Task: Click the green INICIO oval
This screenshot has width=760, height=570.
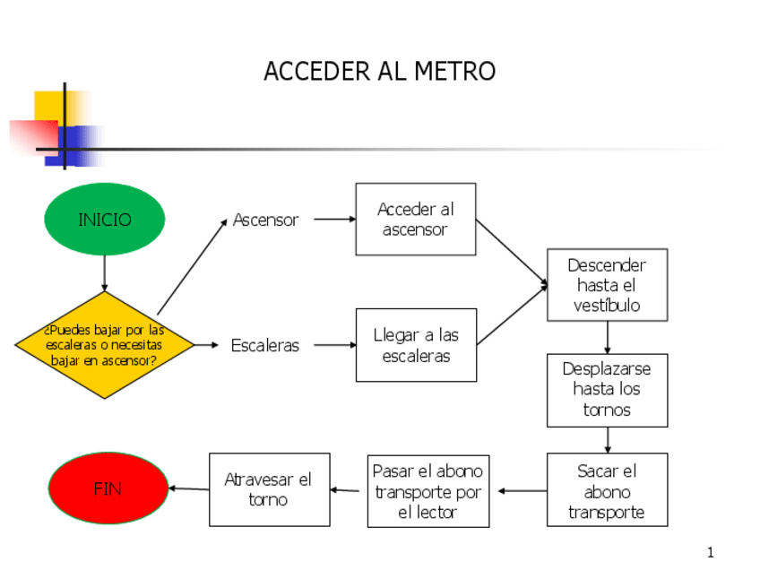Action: (x=105, y=220)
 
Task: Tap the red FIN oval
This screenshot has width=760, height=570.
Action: (x=108, y=488)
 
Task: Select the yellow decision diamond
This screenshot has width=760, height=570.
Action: (x=105, y=345)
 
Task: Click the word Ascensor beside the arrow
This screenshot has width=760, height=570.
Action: (x=265, y=220)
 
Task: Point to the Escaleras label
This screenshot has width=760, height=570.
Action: (x=265, y=345)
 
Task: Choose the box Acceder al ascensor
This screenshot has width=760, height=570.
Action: (x=415, y=220)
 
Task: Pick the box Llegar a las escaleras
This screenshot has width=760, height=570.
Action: (x=416, y=345)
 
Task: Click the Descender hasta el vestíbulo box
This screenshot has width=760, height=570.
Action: (x=607, y=285)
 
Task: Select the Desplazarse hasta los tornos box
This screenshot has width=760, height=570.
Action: (x=607, y=390)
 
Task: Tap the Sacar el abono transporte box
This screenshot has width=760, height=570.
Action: (x=607, y=490)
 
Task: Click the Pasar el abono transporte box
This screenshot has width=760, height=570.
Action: (x=428, y=491)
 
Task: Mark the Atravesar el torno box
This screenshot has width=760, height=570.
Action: (x=269, y=489)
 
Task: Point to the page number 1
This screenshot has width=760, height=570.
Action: (x=711, y=553)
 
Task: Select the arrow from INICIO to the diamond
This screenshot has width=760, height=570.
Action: (x=105, y=273)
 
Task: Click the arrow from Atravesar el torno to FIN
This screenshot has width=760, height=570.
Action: (x=188, y=488)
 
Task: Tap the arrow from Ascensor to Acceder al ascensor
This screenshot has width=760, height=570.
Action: (x=334, y=219)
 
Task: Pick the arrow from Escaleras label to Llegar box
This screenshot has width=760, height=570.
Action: (x=334, y=345)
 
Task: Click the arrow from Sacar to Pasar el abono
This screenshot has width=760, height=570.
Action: (x=522, y=491)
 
